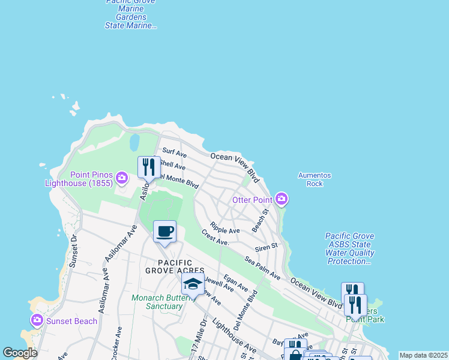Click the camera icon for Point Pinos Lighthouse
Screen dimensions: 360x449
[122, 177]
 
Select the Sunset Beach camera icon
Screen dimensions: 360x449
[37, 320]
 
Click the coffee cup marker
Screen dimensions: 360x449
[164, 232]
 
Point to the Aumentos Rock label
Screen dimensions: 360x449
[315, 179]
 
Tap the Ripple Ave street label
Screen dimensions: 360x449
[225, 230]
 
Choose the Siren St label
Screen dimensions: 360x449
[266, 246]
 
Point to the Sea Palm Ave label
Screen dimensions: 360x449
[262, 268]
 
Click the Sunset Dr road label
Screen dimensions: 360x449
[73, 250]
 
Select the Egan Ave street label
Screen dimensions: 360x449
[235, 283]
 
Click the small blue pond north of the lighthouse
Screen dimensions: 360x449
[134, 142]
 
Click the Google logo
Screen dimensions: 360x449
[20, 353]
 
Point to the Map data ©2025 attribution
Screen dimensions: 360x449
[423, 355]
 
